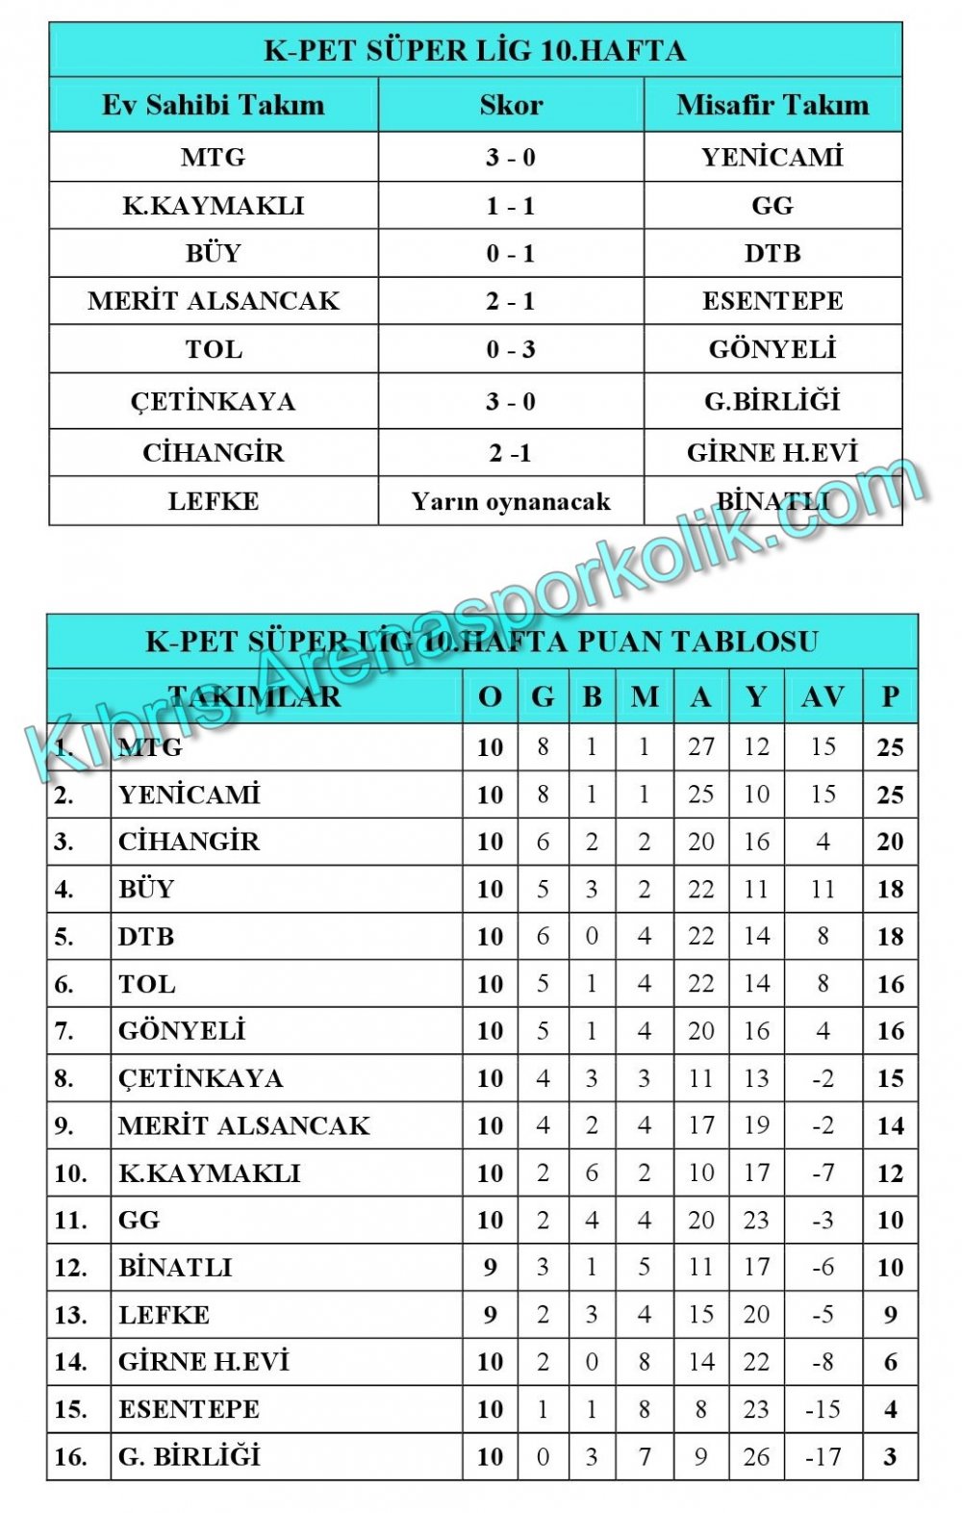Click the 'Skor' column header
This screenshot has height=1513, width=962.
tap(511, 105)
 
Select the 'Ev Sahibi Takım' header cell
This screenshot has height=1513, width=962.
tap(214, 105)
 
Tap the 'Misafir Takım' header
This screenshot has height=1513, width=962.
tap(772, 105)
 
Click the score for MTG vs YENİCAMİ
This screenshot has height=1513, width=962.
tap(511, 157)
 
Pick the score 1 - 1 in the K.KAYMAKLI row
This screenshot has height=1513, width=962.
tap(511, 206)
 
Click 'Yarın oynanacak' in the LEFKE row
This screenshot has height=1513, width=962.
tap(511, 501)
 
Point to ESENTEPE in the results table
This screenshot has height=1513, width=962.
tap(772, 301)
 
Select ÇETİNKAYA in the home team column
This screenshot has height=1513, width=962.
tap(214, 401)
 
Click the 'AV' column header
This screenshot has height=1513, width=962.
tap(823, 696)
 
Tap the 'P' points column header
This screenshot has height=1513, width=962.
tap(890, 696)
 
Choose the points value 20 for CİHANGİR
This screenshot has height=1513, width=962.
tap(890, 842)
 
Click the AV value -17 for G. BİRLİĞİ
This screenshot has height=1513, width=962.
tap(823, 1456)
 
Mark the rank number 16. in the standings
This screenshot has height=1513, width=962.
tap(71, 1456)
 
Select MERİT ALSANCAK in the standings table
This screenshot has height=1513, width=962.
tap(244, 1125)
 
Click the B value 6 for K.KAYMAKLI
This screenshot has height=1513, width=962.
tap(592, 1173)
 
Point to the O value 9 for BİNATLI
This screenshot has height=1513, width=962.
tap(491, 1267)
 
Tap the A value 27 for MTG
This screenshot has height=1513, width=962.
tap(700, 747)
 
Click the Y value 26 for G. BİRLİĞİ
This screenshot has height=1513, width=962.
tap(756, 1456)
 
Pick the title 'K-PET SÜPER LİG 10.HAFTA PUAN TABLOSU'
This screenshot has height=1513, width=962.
tap(482, 642)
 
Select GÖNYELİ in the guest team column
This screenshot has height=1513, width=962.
tap(772, 349)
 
